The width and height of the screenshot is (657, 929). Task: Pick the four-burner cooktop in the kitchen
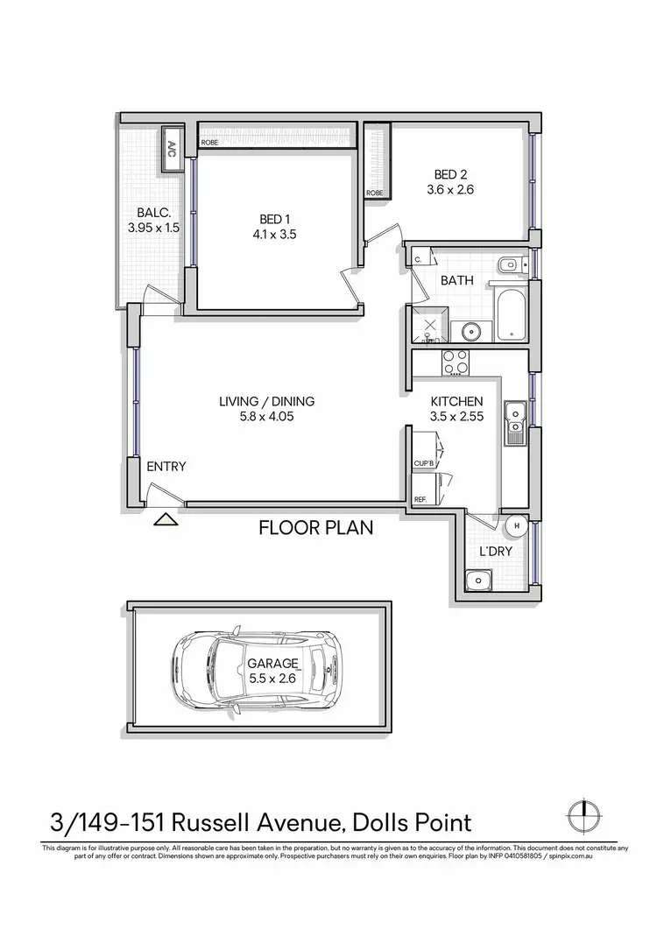[x=455, y=362]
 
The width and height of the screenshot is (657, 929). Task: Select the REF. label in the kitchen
[x=420, y=500]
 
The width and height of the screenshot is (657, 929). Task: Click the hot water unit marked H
[x=517, y=526]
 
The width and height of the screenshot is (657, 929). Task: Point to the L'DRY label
[x=495, y=552]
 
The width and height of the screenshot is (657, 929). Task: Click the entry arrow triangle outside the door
[x=166, y=520]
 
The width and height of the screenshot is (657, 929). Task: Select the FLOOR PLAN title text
[x=315, y=528]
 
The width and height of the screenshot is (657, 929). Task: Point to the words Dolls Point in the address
[x=412, y=823]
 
